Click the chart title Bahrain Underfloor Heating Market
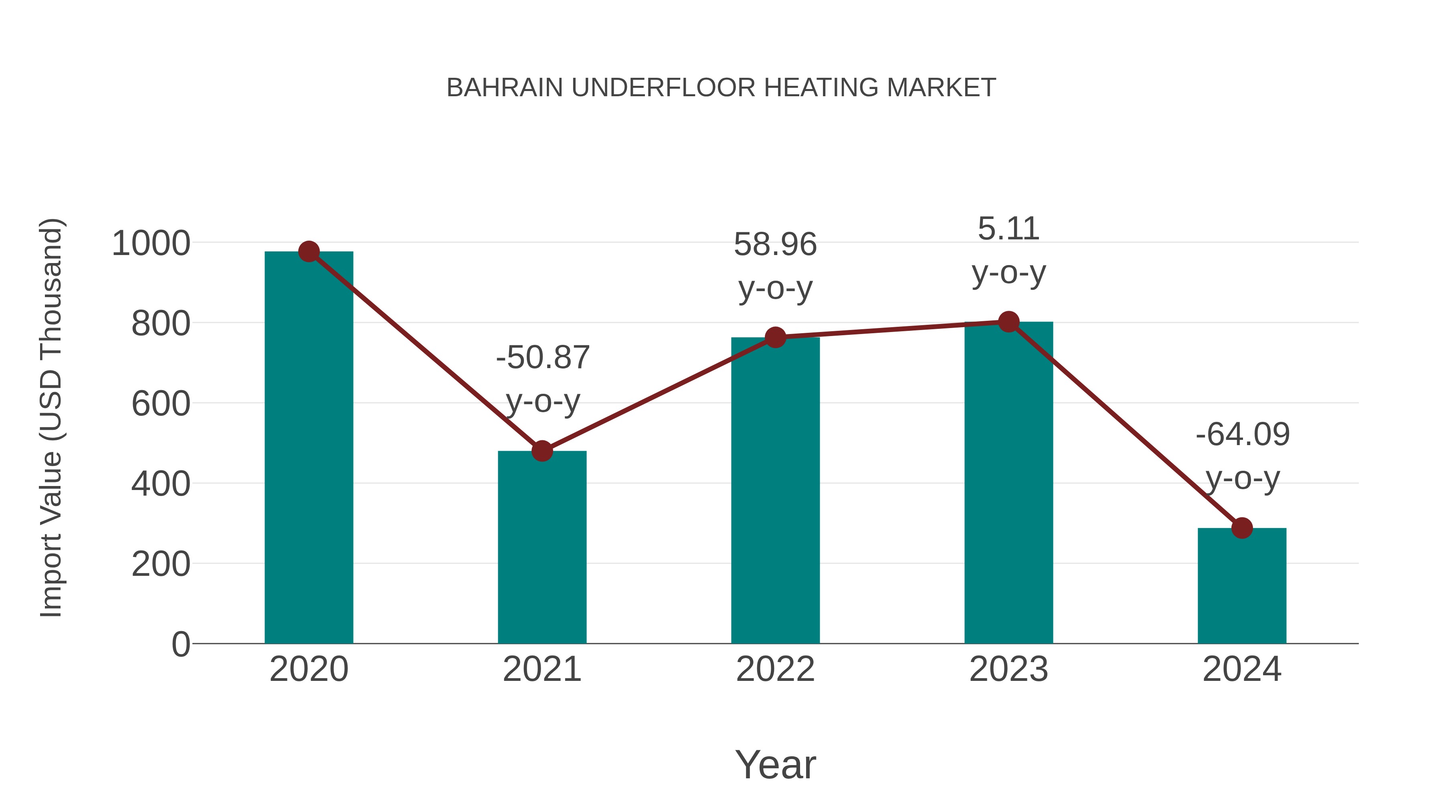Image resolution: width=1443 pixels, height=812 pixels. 721,88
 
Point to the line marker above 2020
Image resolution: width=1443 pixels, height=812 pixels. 309,251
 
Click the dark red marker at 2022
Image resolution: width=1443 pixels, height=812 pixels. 775,337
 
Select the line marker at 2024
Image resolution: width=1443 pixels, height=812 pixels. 1242,528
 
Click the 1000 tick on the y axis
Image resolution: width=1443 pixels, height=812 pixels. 151,244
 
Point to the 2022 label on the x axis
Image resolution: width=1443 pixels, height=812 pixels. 775,670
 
